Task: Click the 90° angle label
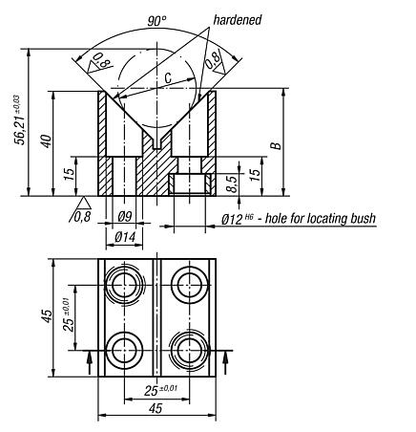(x=158, y=20)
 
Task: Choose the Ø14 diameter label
(x=123, y=235)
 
